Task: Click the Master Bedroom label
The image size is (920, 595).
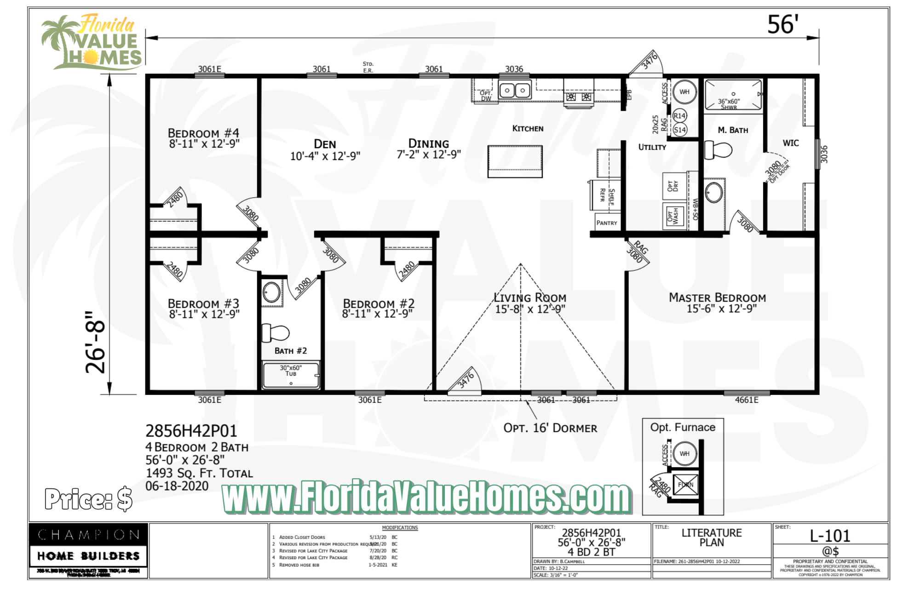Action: pyautogui.click(x=717, y=298)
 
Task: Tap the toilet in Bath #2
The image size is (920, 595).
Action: pyautogui.click(x=275, y=333)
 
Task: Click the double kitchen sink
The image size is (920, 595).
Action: pyautogui.click(x=515, y=90)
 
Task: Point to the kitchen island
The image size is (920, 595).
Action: pyautogui.click(x=515, y=161)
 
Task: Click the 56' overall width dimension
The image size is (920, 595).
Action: pyautogui.click(x=782, y=25)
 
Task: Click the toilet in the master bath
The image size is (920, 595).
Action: pyautogui.click(x=718, y=150)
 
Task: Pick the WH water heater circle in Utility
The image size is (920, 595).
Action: pyautogui.click(x=684, y=92)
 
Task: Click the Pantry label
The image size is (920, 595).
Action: pyautogui.click(x=607, y=223)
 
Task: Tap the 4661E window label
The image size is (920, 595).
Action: pyautogui.click(x=747, y=400)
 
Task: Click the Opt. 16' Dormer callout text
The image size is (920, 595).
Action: pyautogui.click(x=550, y=428)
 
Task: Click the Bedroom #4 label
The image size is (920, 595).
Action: pyautogui.click(x=203, y=133)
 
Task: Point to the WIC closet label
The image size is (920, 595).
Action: pyautogui.click(x=791, y=143)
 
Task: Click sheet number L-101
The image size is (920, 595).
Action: pyautogui.click(x=830, y=536)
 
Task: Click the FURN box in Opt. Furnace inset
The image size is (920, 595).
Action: pyautogui.click(x=685, y=485)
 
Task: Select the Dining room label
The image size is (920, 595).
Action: pyautogui.click(x=428, y=144)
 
